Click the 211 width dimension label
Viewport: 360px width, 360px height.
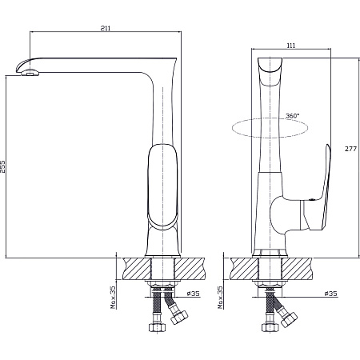point(106,28)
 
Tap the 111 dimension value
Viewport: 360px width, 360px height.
point(291,46)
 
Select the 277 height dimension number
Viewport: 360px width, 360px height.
point(350,149)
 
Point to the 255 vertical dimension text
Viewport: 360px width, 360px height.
point(2,166)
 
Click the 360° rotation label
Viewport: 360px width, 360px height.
point(292,116)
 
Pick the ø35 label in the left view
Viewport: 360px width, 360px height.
point(193,294)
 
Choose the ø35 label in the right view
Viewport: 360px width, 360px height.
point(330,294)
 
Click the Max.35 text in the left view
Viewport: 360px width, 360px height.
point(114,298)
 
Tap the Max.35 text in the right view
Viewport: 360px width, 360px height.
point(220,298)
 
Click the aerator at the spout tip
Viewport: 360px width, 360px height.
point(30,72)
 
